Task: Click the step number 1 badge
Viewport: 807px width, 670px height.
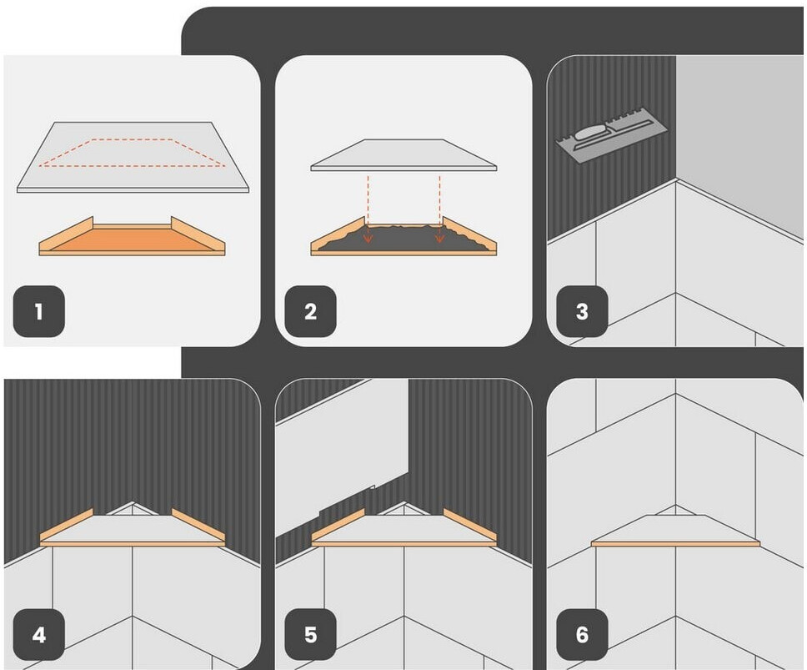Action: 39,311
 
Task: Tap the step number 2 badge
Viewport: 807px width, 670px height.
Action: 310,311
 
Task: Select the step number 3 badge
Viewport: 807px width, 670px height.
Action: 582,311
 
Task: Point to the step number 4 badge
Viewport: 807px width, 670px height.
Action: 39,634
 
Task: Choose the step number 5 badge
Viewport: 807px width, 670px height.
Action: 310,634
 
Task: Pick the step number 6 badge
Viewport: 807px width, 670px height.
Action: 582,634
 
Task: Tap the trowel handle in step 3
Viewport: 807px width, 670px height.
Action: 593,133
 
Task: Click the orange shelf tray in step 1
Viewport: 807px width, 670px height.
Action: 133,237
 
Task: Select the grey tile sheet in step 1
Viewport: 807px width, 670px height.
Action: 133,157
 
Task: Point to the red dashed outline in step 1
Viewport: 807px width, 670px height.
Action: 133,153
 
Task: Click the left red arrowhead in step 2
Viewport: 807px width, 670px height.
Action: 368,238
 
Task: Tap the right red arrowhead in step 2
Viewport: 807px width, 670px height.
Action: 439,238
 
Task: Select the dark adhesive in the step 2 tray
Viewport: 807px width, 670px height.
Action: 403,238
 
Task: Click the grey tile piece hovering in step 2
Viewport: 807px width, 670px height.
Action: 403,154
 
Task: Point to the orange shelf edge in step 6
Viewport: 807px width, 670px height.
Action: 676,543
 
